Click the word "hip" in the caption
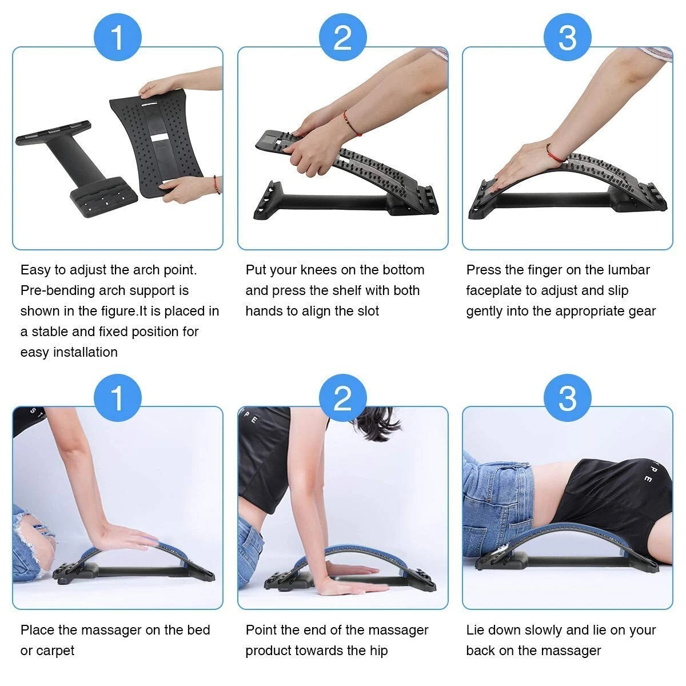coord(378,651)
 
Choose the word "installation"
coord(85,352)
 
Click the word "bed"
coord(198,630)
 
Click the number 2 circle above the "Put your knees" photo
coord(342,38)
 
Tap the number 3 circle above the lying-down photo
coord(567,398)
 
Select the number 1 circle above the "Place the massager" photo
coord(117,398)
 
